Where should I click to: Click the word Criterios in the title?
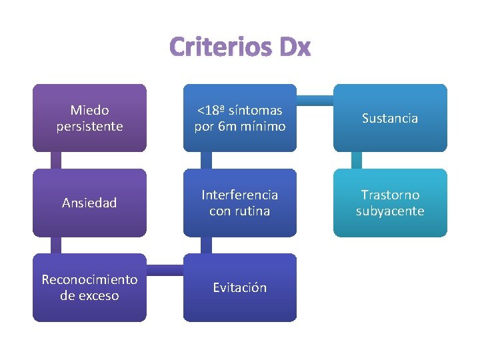218,47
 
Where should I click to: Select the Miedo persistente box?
89,118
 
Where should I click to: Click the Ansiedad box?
89,203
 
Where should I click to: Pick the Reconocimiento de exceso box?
89,287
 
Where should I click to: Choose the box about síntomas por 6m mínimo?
240,118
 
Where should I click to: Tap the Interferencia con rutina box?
240,203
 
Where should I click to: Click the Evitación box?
240,287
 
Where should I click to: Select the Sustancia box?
390,118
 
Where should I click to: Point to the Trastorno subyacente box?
390,203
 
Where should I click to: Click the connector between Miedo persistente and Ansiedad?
56,161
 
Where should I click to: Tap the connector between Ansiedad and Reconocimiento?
56,245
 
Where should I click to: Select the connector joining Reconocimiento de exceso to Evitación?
165,269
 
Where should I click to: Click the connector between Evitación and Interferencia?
207,245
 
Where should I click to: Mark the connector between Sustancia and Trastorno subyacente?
357,161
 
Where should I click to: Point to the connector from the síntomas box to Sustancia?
315,100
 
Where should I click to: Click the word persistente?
89,126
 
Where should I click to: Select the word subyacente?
390,211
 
